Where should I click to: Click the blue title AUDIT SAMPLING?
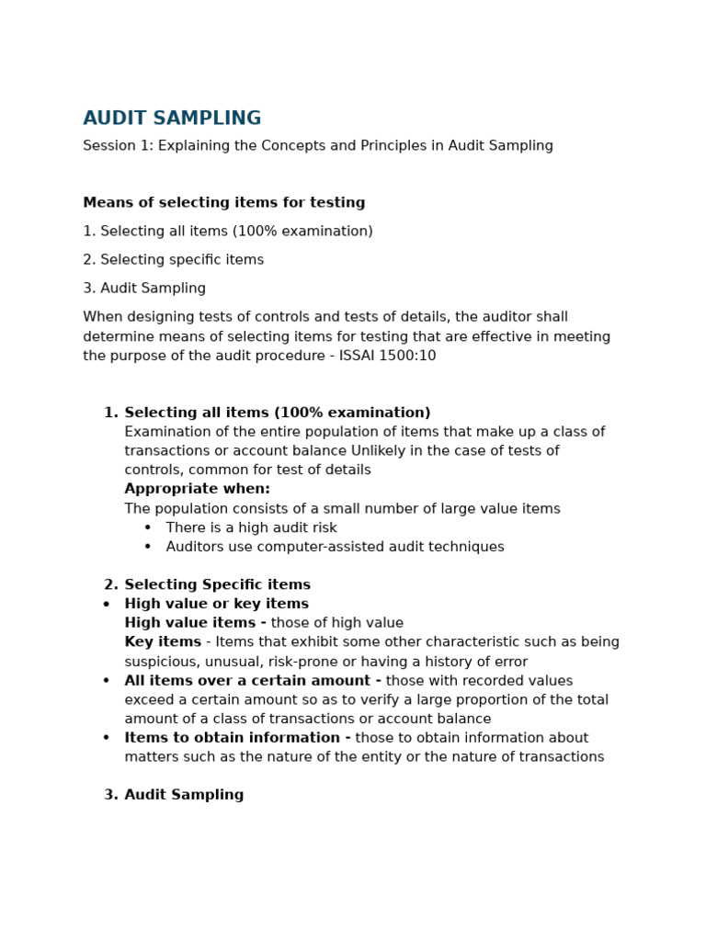pos(172,119)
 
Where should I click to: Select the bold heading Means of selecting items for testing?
pos(223,203)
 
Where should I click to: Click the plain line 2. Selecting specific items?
pos(173,260)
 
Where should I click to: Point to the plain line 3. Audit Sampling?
pos(144,289)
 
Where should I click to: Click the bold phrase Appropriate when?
pos(197,489)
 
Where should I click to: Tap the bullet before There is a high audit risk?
pos(148,528)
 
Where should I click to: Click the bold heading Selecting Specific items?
pos(217,585)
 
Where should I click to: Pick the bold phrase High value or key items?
pos(216,605)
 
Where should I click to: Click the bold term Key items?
pos(162,642)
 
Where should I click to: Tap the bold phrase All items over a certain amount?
pos(252,681)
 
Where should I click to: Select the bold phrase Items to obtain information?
pos(236,738)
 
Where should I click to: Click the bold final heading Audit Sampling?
pos(184,796)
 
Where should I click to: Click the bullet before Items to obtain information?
pos(107,739)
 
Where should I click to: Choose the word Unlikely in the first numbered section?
pos(379,451)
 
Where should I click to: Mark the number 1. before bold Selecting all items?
pos(110,414)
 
